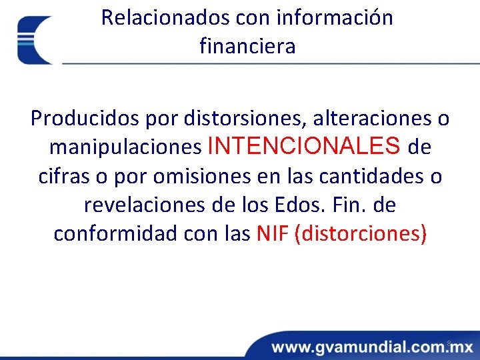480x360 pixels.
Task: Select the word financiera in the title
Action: [x=247, y=47]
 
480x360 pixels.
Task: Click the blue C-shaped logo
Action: [x=35, y=40]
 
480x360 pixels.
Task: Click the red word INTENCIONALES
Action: [x=305, y=145]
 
